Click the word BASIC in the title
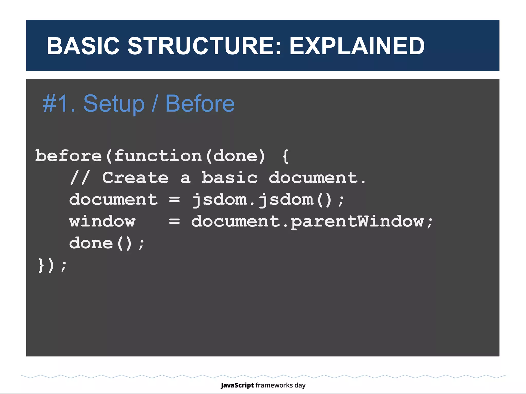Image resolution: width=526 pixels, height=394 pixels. (83, 46)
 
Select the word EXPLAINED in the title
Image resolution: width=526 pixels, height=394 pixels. (357, 46)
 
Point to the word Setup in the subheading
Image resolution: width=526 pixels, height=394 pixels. (114, 104)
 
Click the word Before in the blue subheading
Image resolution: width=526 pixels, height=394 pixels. (200, 104)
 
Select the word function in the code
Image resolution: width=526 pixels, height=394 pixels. (157, 156)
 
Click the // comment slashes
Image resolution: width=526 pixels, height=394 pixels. (80, 178)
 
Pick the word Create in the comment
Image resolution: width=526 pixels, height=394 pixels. (135, 178)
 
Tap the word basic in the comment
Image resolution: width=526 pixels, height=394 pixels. (229, 178)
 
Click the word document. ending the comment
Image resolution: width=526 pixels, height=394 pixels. (317, 178)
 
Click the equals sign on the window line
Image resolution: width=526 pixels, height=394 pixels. (174, 221)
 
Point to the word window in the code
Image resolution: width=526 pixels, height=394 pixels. (102, 221)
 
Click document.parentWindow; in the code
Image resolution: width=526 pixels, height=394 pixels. (312, 221)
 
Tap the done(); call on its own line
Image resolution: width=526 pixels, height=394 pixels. (107, 243)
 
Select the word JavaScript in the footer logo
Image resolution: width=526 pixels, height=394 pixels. (237, 385)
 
